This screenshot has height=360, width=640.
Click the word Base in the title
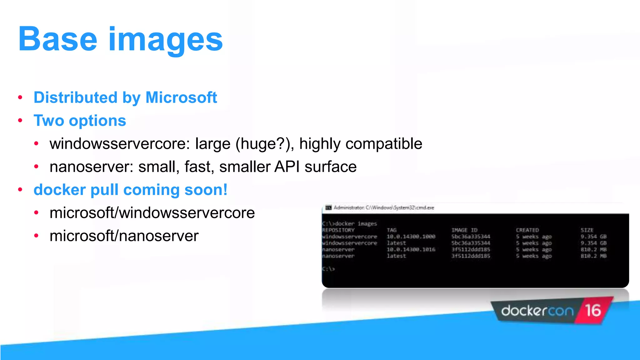pos(58,40)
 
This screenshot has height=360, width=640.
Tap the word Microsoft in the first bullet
pos(181,97)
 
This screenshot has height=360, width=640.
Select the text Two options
pos(80,121)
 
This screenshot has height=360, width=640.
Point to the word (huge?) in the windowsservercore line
pos(265,144)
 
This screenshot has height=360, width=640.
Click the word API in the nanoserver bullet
pos(287,167)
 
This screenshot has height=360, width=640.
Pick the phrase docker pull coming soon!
pos(130,190)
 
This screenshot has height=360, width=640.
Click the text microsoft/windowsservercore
pos(152,213)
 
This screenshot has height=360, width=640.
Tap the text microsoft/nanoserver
pos(124,236)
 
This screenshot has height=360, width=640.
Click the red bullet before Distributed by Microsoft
pos(20,97)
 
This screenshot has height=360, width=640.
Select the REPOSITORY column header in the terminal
pos(338,230)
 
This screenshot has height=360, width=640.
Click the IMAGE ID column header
pos(464,230)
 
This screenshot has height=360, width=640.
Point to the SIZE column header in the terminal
pos(587,230)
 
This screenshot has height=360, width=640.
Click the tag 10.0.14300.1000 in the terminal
pos(411,237)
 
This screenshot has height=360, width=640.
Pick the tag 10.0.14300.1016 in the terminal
pos(411,249)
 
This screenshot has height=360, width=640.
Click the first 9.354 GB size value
pos(593,237)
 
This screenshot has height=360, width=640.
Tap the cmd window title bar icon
pos(328,207)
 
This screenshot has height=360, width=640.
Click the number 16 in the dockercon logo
pos(593,311)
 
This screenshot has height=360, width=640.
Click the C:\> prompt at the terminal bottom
pos(328,269)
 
